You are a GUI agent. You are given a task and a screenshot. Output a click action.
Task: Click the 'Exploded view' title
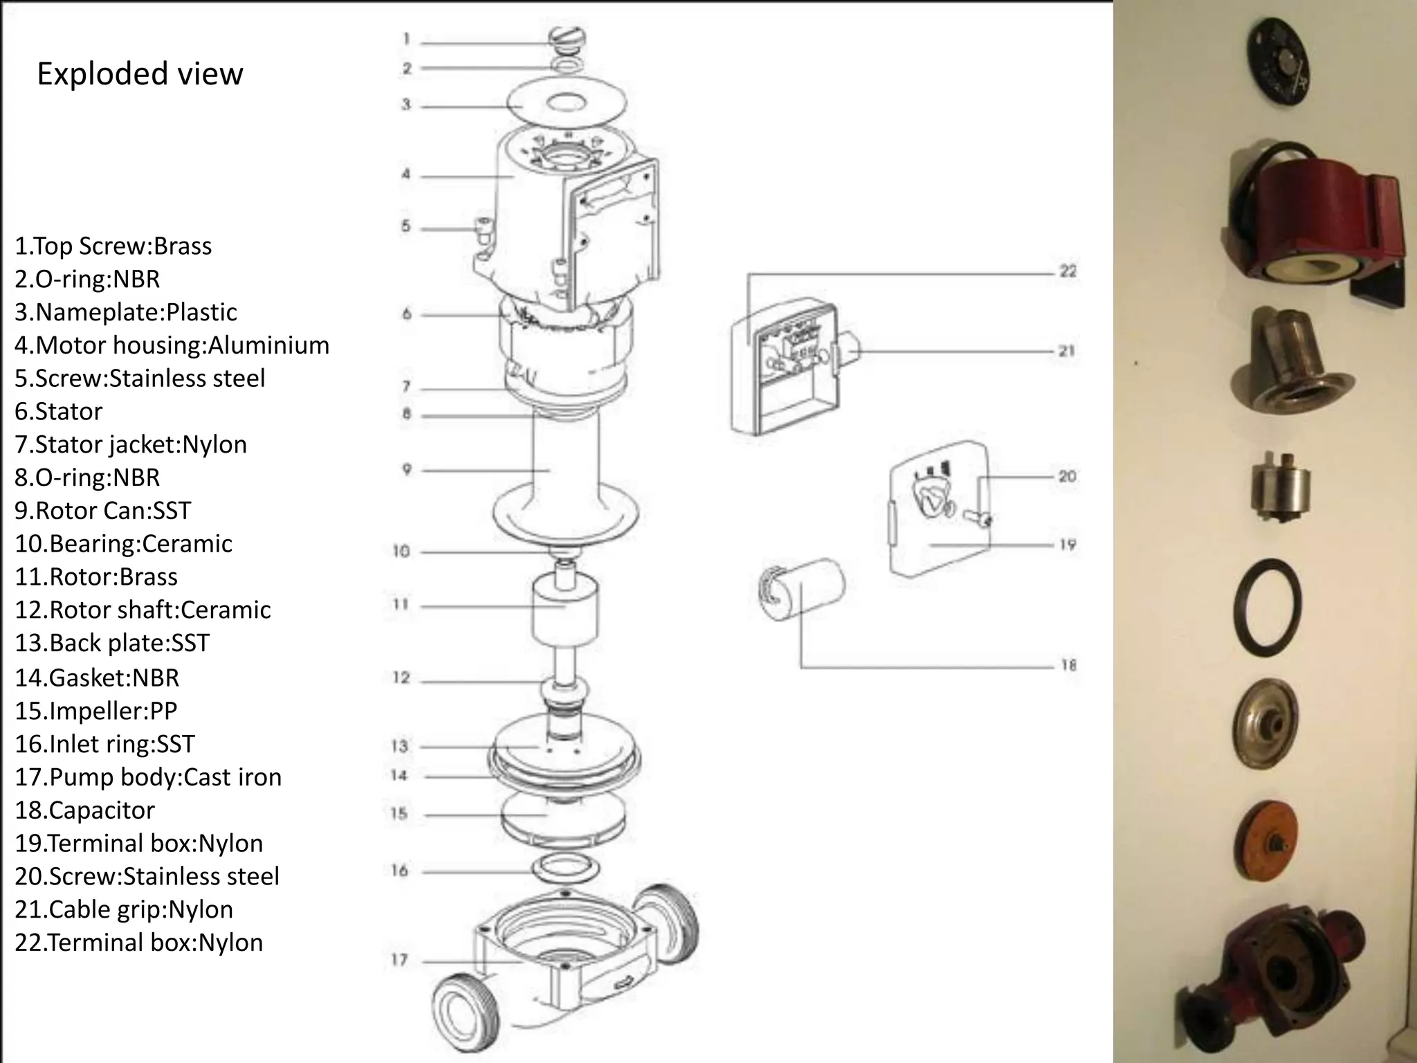[x=140, y=73]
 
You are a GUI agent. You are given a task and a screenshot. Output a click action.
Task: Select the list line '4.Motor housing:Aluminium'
[x=172, y=345]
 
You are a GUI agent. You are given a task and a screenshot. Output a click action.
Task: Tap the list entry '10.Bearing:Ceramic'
[x=123, y=543]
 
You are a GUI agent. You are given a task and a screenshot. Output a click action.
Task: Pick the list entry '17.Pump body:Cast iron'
[x=148, y=776]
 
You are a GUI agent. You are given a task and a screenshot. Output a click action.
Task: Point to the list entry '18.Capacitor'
[x=84, y=810]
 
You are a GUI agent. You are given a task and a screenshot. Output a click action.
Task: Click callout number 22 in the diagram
[x=1068, y=271]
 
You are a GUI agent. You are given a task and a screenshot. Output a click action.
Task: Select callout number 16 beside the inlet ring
[x=399, y=871]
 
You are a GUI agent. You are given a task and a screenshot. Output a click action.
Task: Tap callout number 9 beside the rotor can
[x=406, y=470]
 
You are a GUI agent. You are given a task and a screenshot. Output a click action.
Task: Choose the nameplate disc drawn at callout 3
[x=567, y=105]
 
